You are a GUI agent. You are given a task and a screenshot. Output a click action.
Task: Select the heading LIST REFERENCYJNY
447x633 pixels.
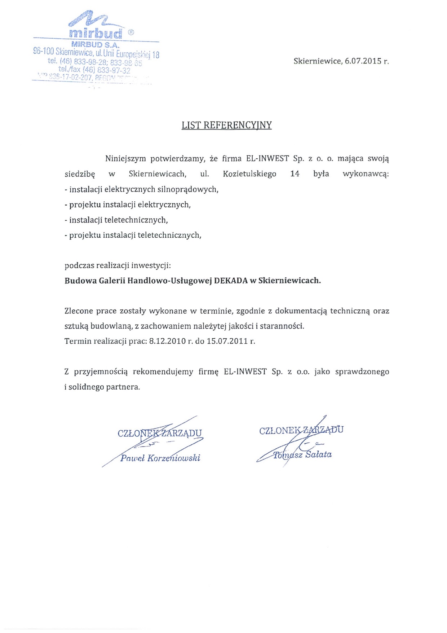coord(226,125)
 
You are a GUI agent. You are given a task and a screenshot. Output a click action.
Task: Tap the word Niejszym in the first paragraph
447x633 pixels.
coord(125,159)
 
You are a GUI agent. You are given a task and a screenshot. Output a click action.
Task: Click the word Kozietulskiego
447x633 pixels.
coord(249,174)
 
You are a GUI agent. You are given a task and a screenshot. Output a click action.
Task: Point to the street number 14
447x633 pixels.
coord(295,174)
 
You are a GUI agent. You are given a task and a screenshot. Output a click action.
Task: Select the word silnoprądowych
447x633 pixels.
coord(191,189)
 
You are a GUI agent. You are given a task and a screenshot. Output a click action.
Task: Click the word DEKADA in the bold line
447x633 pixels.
coord(231,281)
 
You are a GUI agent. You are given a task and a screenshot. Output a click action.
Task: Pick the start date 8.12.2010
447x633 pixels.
coord(167,341)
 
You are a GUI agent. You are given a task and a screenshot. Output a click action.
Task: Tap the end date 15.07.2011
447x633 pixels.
coord(227,341)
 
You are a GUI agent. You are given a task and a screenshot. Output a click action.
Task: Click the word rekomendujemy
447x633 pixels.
coord(163,372)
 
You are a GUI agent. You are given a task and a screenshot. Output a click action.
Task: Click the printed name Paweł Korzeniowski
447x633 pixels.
coord(160,458)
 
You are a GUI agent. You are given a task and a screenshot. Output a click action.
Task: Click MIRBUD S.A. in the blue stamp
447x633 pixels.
coord(95,45)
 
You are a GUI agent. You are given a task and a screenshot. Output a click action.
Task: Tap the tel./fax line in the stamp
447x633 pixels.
coord(94,70)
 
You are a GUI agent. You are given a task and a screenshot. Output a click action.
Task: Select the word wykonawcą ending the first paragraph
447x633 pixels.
coord(366,174)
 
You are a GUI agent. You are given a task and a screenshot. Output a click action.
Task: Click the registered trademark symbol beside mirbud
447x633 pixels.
coord(131,32)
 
